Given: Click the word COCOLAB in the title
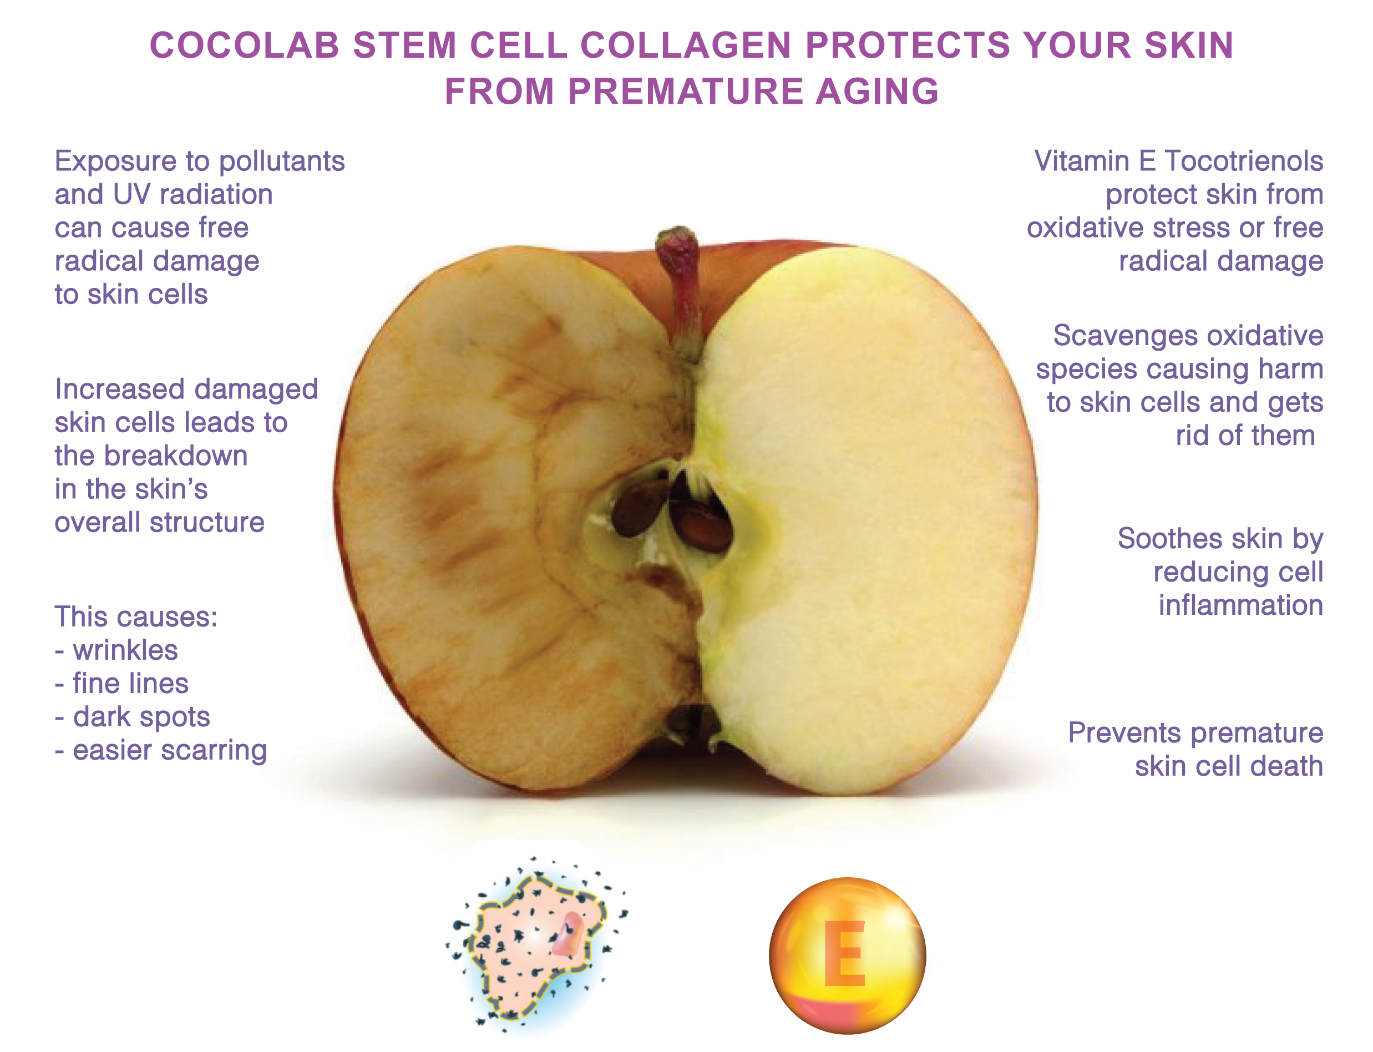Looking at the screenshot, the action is pyautogui.click(x=244, y=45).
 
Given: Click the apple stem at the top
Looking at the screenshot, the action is pyautogui.click(x=682, y=294).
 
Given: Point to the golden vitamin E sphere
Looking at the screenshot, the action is pyautogui.click(x=847, y=954).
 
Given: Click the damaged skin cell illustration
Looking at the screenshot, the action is pyautogui.click(x=537, y=945).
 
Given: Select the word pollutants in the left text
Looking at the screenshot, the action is pyautogui.click(x=282, y=161).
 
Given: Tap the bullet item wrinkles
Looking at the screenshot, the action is pyautogui.click(x=125, y=650).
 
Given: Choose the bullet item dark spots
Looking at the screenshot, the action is pyautogui.click(x=141, y=717).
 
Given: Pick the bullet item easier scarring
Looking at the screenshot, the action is pyautogui.click(x=170, y=750).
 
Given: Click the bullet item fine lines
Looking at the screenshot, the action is pyautogui.click(x=130, y=683).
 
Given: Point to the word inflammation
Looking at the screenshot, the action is pyautogui.click(x=1240, y=605).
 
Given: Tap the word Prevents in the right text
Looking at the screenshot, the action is pyautogui.click(x=1109, y=732).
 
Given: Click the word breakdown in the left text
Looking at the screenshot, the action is pyautogui.click(x=176, y=456).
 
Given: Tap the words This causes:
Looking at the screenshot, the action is pyautogui.click(x=136, y=617).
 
